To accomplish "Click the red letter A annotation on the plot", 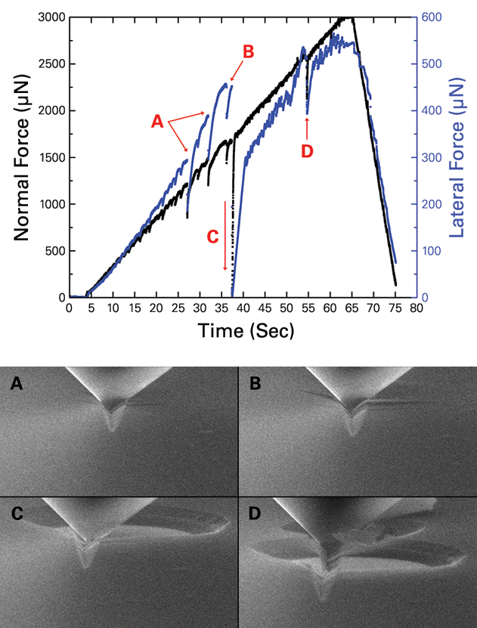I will click(x=157, y=120).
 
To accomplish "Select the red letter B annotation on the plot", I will click(x=248, y=51).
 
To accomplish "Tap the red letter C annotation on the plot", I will click(x=212, y=236).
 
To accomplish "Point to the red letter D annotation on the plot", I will click(x=306, y=151).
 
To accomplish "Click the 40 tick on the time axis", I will click(x=243, y=309).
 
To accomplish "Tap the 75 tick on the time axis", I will click(x=395, y=309).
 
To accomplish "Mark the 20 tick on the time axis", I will click(x=156, y=309).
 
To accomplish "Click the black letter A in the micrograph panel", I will click(x=17, y=385).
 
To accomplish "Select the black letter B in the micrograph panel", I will click(x=255, y=385).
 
